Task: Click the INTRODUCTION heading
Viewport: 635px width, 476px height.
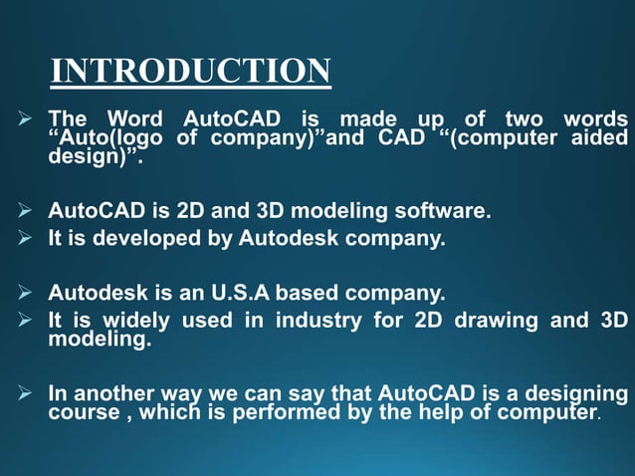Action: click(x=190, y=71)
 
